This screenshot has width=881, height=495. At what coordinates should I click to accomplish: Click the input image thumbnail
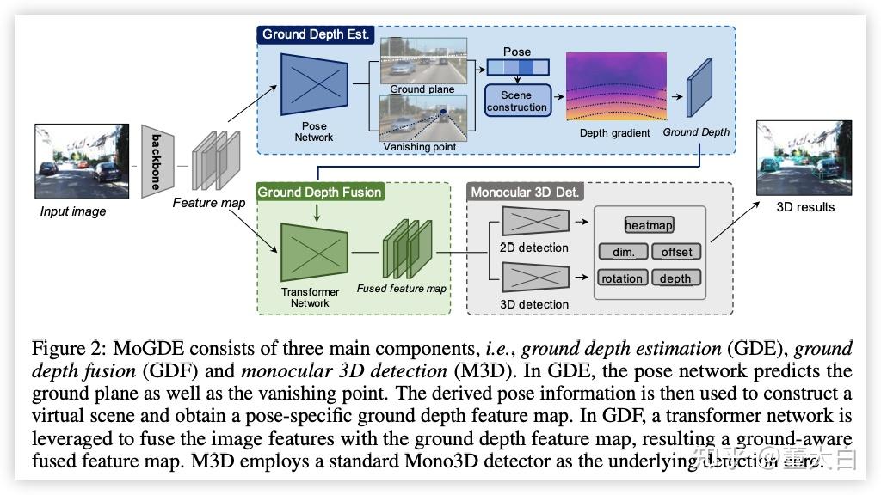point(70,162)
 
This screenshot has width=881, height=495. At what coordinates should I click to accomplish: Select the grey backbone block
point(157,160)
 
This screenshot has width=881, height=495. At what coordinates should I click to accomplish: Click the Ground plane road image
point(423,59)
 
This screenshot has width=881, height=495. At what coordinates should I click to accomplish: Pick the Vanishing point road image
point(423,118)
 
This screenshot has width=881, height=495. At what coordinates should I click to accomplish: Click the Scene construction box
point(516,101)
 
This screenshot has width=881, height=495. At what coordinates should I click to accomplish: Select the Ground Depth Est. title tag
point(316,35)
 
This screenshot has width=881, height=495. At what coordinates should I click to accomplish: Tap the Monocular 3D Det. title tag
point(525,192)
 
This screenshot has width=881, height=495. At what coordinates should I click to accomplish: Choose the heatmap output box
point(650,225)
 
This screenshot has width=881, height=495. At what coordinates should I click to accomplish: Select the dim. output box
point(623,252)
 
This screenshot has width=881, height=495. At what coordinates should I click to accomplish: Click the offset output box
point(676,252)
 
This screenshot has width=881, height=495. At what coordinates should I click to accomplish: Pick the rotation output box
point(622,278)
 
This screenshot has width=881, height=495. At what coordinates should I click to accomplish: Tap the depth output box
point(675,278)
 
